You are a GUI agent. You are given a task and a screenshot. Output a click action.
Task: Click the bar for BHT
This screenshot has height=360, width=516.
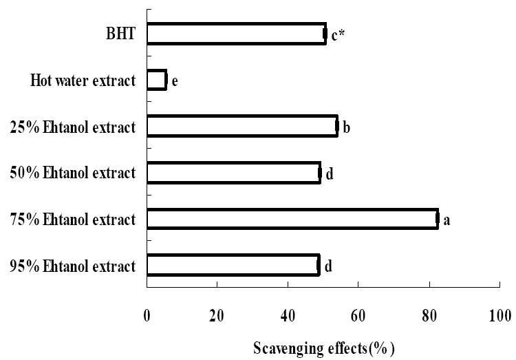click(x=237, y=34)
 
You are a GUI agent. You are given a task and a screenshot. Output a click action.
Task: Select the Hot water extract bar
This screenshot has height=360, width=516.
click(x=157, y=80)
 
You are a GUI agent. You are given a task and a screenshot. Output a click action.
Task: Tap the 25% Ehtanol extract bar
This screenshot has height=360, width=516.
click(x=243, y=126)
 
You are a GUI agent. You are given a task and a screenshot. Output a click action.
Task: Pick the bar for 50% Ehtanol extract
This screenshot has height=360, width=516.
click(x=234, y=173)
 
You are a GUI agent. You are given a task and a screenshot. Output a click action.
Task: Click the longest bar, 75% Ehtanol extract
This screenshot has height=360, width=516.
click(x=293, y=219)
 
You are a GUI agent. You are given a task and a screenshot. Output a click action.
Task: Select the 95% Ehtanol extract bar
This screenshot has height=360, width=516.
click(x=233, y=265)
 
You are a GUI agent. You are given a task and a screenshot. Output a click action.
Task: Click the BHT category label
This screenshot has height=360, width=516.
click(x=120, y=34)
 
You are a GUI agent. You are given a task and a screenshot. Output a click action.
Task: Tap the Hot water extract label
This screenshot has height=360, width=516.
click(x=83, y=81)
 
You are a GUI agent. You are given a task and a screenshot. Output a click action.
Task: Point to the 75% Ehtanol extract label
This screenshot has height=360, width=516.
click(x=73, y=220)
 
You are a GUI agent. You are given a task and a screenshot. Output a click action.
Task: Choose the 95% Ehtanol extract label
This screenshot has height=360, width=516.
click(x=73, y=266)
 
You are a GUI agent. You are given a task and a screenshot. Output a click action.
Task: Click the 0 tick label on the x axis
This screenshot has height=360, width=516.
click(x=147, y=316)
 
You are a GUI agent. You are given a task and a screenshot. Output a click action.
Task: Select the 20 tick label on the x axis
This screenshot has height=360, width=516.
click(x=217, y=316)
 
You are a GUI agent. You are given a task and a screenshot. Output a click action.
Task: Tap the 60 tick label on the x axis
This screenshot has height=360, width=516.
click(x=358, y=316)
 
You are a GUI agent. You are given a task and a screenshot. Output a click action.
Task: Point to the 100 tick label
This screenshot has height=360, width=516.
click(x=500, y=316)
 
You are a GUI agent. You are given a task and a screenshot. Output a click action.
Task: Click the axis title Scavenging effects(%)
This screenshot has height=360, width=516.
click(x=324, y=348)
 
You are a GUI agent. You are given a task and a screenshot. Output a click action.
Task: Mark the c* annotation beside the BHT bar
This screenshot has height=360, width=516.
click(x=338, y=35)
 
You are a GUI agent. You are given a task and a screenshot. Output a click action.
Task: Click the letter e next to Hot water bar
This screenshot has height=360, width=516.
click(x=175, y=81)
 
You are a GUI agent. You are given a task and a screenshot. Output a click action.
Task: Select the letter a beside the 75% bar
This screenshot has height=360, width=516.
click(x=447, y=220)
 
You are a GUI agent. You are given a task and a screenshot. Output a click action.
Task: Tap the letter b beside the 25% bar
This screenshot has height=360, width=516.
click(x=346, y=127)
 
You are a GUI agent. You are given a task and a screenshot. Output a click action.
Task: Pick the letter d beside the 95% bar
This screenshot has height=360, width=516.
click(x=328, y=266)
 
